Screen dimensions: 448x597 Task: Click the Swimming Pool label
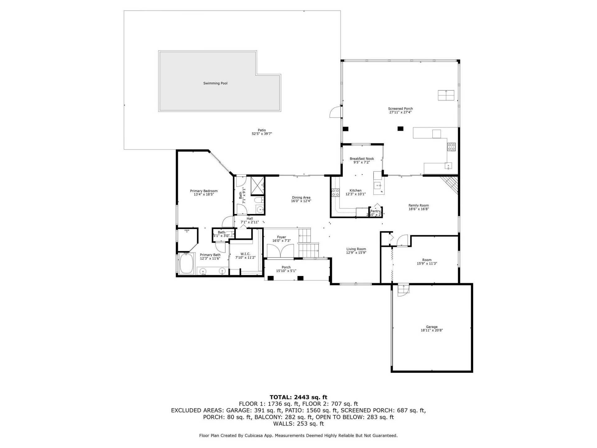[x=215, y=83]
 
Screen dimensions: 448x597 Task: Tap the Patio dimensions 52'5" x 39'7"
[x=262, y=134]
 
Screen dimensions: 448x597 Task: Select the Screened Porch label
[x=400, y=109]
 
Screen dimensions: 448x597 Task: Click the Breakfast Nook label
[x=362, y=159]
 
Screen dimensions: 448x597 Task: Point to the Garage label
[x=432, y=327]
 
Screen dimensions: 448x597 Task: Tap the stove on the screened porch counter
[x=451, y=147]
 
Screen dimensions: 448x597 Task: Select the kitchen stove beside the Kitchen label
[x=336, y=193]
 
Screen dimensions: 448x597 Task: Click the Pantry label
[x=375, y=211]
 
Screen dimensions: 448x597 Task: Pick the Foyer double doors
[x=280, y=251]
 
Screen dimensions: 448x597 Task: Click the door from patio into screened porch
[x=336, y=112]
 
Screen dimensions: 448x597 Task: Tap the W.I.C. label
[x=245, y=254]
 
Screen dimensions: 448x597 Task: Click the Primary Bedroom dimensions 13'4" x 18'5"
[x=204, y=194]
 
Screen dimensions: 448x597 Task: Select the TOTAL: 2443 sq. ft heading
[x=298, y=397]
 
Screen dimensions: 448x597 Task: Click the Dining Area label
[x=301, y=198]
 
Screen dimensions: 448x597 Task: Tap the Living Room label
[x=356, y=249]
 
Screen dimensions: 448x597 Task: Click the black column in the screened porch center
[x=400, y=128]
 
